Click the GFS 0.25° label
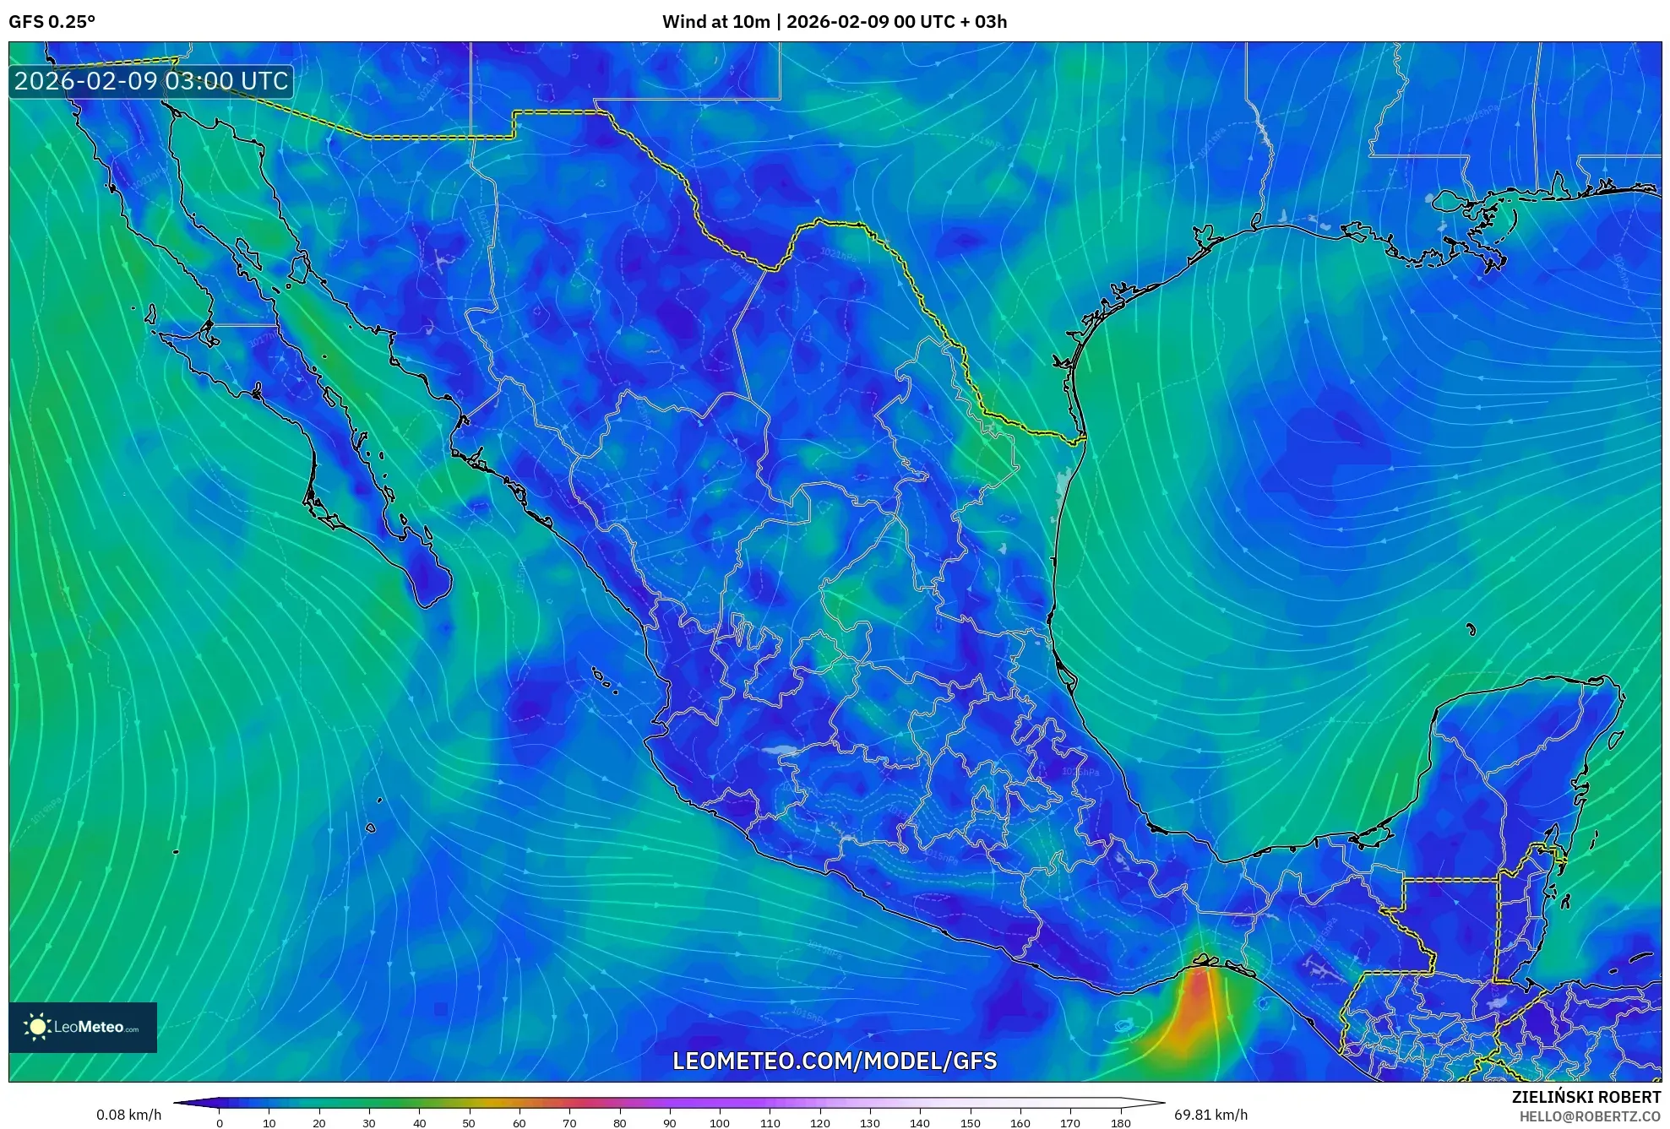tap(52, 22)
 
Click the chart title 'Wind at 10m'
tap(715, 22)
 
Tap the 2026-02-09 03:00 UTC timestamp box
tap(151, 82)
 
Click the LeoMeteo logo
tap(83, 1027)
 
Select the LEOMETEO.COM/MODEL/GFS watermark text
tap(835, 1061)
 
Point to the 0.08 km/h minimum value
tap(128, 1115)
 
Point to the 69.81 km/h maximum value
tap(1210, 1115)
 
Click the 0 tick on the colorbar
tap(220, 1123)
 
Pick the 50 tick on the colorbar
tap(469, 1123)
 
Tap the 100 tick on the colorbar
tap(719, 1123)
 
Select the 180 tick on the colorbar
tap(1120, 1123)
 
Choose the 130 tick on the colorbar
tap(869, 1123)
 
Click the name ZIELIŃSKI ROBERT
tap(1586, 1097)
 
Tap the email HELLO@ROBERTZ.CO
tap(1590, 1116)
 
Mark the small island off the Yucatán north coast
tap(1471, 629)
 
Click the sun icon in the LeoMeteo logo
tap(37, 1027)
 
